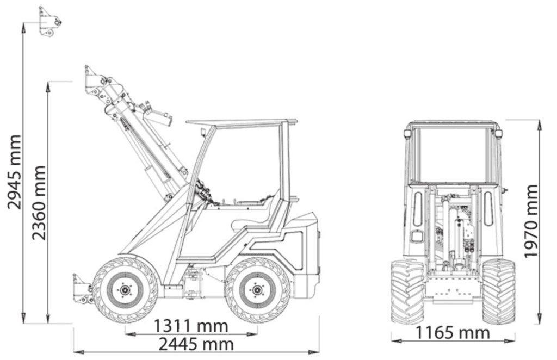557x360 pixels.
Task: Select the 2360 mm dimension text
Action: (x=39, y=202)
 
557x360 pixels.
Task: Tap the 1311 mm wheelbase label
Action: (x=190, y=326)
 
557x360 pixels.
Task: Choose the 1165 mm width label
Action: (x=453, y=333)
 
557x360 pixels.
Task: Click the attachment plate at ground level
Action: (x=82, y=289)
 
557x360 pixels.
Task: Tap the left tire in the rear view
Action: (x=407, y=291)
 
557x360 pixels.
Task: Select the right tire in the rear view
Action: (x=498, y=291)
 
